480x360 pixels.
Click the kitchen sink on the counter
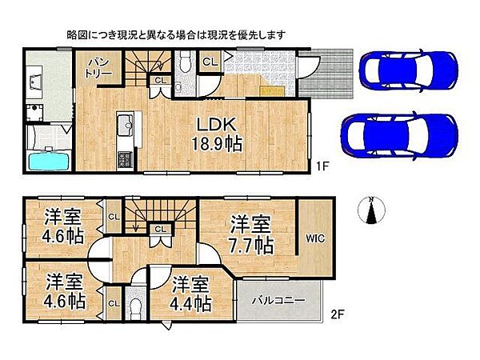pos(126,126)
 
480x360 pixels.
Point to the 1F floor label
pos(323,166)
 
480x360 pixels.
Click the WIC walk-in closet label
pos(313,238)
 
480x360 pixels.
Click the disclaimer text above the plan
pos(175,35)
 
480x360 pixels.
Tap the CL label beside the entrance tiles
pos(209,62)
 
